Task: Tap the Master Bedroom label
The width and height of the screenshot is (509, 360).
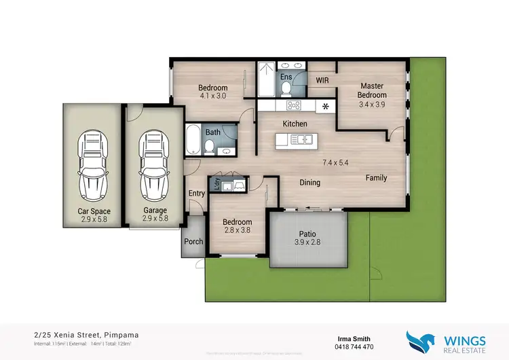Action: pos(372,90)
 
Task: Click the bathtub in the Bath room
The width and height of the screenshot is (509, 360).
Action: pos(193,139)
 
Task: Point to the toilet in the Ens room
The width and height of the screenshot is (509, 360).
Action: pos(286,88)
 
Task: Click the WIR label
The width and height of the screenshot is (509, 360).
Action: pos(323,80)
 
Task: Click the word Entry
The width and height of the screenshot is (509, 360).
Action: pos(197,194)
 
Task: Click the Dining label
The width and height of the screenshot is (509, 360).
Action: pos(310,182)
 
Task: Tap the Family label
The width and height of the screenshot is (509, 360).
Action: pos(376,178)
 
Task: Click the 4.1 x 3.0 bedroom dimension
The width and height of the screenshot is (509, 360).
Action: pos(212,96)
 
